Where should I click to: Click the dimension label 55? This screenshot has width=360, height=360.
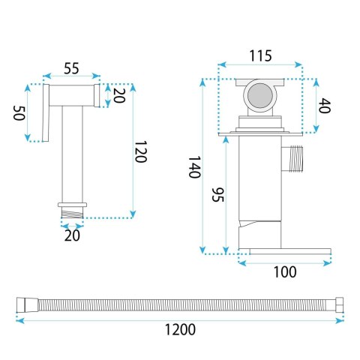(71, 68)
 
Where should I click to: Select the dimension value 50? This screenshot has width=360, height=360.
(19, 113)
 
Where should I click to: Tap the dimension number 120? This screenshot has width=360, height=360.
(140, 151)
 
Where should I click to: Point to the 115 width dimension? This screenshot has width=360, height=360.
(260, 55)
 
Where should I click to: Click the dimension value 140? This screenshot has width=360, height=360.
(194, 167)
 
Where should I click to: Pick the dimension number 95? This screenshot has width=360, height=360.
(218, 194)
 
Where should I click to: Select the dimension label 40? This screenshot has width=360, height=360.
(325, 106)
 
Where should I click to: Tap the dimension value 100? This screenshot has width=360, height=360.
(285, 272)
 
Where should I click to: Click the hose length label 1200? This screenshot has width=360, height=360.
(180, 329)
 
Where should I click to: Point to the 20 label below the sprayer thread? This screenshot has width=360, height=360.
(72, 235)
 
